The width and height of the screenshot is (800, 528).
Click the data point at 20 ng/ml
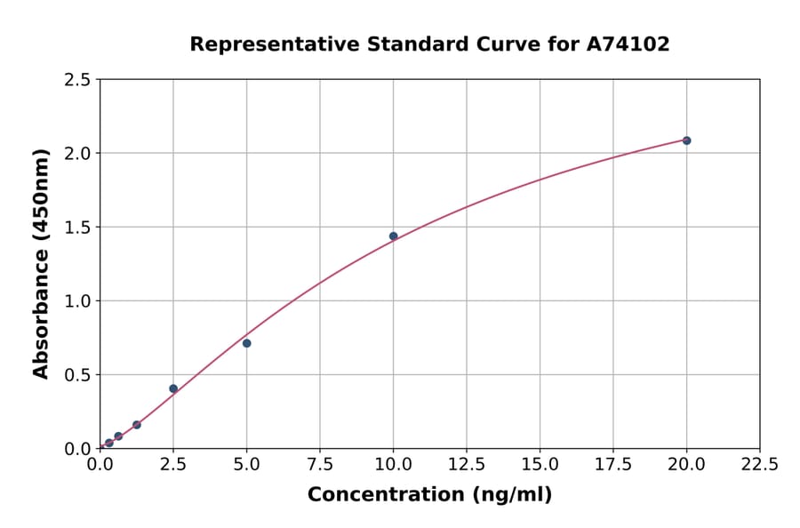[x=686, y=140]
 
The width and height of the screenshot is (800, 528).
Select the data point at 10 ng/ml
[x=393, y=236]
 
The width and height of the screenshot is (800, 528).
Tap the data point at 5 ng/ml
[x=246, y=343]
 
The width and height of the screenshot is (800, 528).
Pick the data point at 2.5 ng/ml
[x=173, y=388]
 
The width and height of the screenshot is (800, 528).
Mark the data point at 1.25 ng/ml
[x=137, y=425]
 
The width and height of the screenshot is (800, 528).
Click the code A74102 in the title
[x=628, y=44]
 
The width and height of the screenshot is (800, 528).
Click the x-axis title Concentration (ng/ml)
[x=429, y=495]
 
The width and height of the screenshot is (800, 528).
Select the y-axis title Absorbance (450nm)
[x=41, y=264]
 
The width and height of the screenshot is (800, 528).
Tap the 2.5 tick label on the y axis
[x=77, y=80]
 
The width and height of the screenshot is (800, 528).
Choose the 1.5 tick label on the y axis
[x=77, y=228]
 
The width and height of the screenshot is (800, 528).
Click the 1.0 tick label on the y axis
[x=77, y=301]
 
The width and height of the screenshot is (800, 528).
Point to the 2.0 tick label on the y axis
[x=77, y=154]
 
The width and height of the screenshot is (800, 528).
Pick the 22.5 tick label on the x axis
[x=759, y=465]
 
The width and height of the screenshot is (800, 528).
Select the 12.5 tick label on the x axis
[x=466, y=465]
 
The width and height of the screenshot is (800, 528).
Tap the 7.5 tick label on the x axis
[x=320, y=465]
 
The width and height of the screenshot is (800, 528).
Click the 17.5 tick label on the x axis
[x=612, y=465]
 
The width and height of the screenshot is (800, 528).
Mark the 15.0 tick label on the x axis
[x=540, y=465]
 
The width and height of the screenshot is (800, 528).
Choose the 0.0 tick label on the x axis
[x=100, y=465]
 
